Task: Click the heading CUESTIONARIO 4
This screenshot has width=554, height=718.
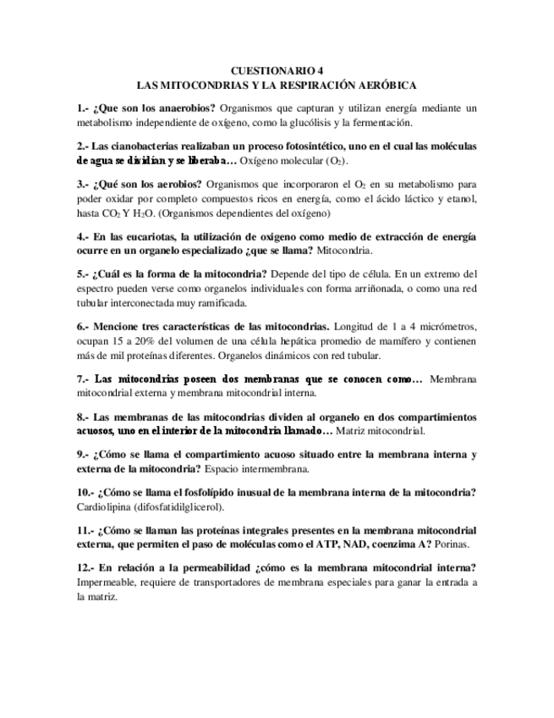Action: pyautogui.click(x=277, y=71)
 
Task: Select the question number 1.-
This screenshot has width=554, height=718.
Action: pyautogui.click(x=83, y=108)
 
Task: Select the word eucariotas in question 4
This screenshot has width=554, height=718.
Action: pyautogui.click(x=147, y=236)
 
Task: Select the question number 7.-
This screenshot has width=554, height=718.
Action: pyautogui.click(x=83, y=378)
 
